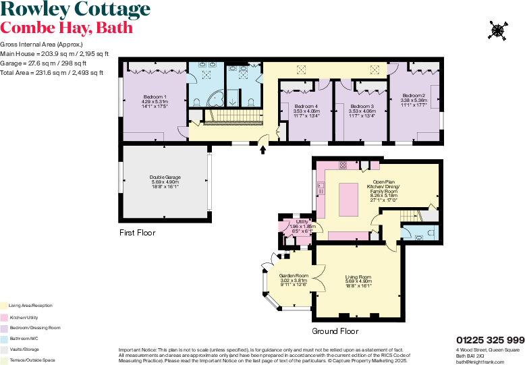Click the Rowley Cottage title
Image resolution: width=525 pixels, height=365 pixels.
coord(75,10)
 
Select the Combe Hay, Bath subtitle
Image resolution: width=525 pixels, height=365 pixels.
coord(66,28)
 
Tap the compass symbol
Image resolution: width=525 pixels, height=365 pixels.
coord(498,30)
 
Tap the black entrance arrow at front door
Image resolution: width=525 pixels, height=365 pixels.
coord(263,150)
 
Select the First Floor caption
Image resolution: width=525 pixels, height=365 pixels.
coord(137,233)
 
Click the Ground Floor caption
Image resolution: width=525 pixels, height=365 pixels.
coord(335,331)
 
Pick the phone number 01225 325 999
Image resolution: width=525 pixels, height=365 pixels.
coord(490,339)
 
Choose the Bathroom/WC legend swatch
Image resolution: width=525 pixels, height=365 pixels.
coord(3,338)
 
